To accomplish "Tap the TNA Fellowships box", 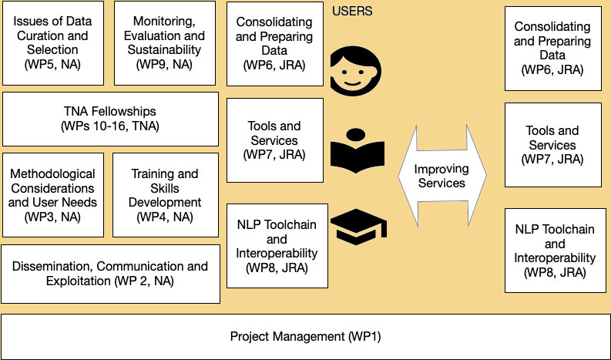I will tap(110, 118).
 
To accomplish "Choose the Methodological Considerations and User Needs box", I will tap(53, 194).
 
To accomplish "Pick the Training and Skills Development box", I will tap(164, 194).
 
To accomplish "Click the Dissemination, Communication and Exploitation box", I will tap(110, 274).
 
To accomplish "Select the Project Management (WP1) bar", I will tap(305, 337).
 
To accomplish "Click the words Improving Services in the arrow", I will tap(440, 176).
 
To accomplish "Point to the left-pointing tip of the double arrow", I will tap(401, 176).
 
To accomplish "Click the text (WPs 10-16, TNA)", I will tap(110, 126).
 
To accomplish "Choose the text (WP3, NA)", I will tap(53, 217).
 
